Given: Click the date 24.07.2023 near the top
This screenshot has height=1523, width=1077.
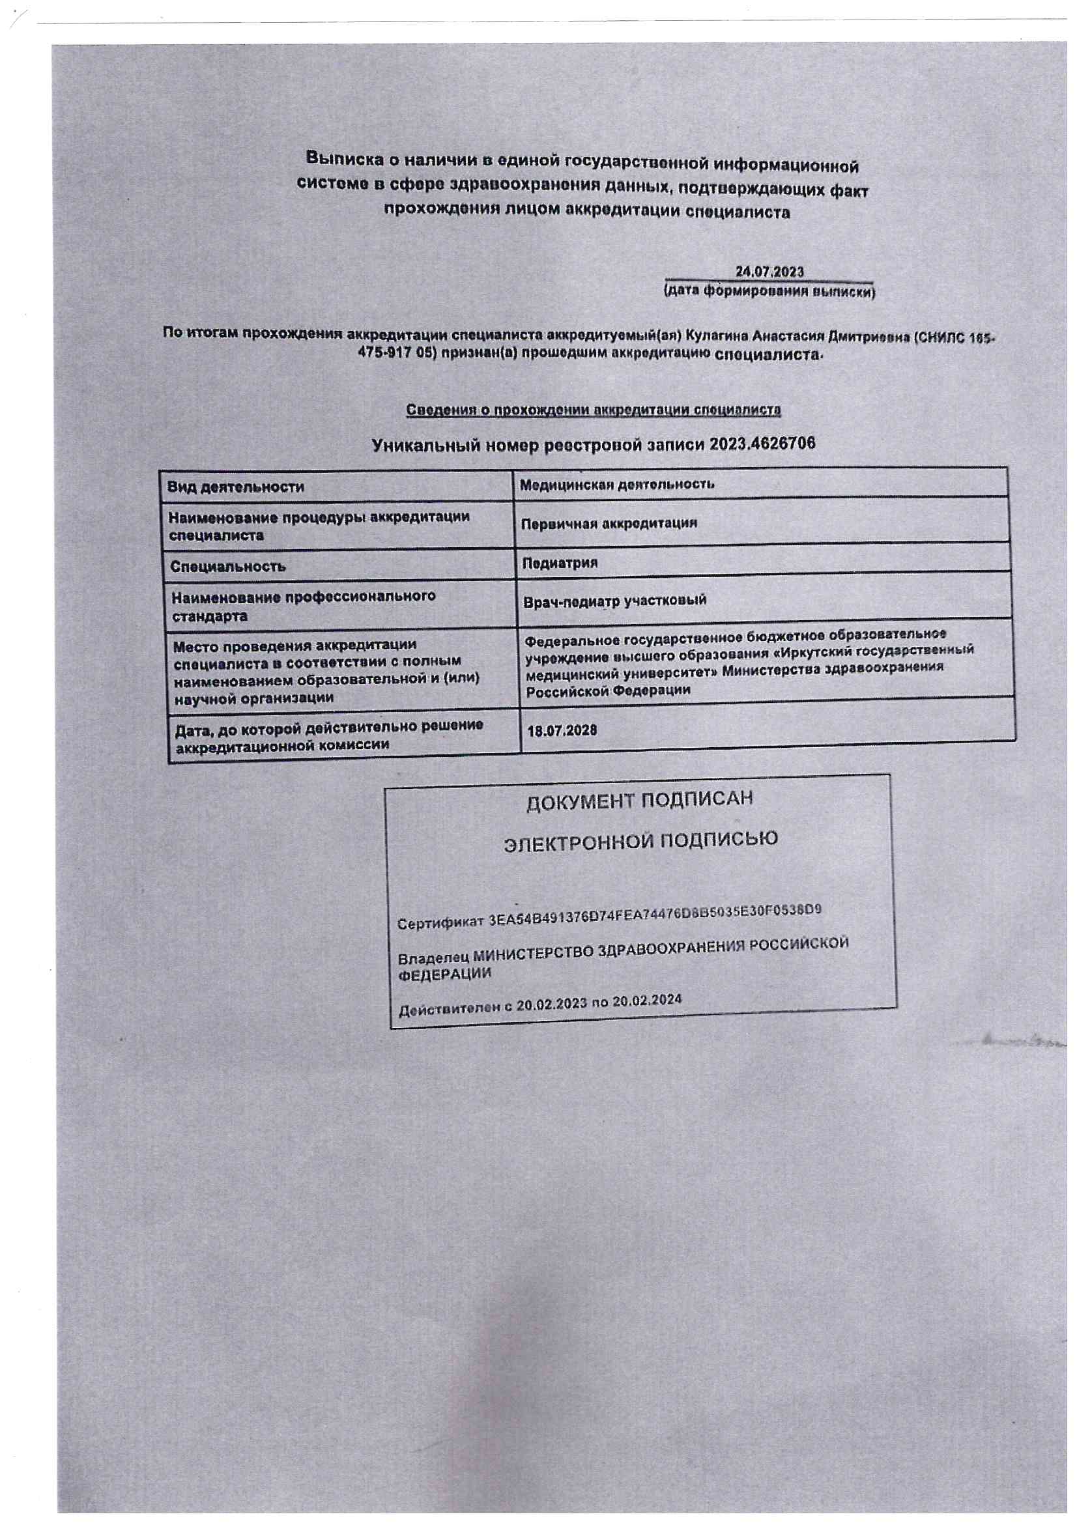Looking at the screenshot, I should click(x=769, y=271).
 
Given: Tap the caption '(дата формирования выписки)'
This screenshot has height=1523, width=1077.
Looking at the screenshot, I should click(x=769, y=292).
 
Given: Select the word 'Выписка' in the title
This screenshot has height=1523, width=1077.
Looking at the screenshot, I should click(x=343, y=158).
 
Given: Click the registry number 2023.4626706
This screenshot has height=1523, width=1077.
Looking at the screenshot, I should click(x=762, y=443).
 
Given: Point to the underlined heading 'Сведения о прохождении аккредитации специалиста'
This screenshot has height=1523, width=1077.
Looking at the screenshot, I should click(x=594, y=410).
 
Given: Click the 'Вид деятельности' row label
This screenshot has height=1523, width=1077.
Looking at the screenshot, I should click(x=236, y=487).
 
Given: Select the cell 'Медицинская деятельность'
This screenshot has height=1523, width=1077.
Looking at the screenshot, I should click(x=616, y=484).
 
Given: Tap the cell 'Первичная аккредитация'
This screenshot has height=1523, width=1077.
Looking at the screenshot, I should click(x=609, y=522).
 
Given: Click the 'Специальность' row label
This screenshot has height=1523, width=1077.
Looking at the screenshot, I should click(x=227, y=567).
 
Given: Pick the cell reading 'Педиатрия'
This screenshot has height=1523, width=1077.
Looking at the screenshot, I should click(x=560, y=563).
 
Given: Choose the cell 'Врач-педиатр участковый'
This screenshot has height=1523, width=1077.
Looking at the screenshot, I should click(x=614, y=601).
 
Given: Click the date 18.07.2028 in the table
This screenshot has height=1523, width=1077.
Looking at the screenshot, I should click(x=562, y=730).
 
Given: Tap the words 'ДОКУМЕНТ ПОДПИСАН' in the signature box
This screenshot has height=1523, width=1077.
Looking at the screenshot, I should click(x=639, y=801).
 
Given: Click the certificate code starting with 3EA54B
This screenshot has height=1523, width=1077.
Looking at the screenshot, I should click(x=654, y=915).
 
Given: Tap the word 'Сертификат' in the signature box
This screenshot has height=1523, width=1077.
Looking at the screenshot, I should click(x=440, y=922).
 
